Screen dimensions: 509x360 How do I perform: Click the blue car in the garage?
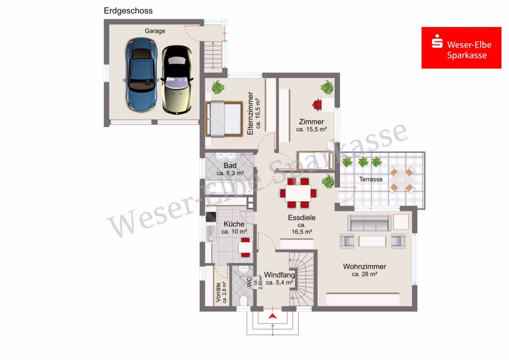point(141,75)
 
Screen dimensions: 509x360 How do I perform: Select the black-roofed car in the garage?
point(177,79)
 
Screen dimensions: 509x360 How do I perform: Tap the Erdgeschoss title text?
point(128,11)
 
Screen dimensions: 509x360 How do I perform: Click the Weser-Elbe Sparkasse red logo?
point(461,48)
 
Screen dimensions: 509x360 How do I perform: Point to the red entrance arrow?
point(272,316)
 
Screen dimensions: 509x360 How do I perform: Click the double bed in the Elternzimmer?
point(224,119)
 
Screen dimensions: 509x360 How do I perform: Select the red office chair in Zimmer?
point(317,105)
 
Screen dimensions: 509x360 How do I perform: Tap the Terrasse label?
point(371,179)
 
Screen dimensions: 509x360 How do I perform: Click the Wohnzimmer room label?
point(364,270)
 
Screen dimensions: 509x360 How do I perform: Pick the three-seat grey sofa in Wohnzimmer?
point(369,223)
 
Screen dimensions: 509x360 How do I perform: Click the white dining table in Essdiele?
point(298,193)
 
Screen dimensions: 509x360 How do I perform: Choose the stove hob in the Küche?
point(211,217)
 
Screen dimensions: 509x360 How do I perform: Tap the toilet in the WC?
point(243,301)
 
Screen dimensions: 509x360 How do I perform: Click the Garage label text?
point(155,31)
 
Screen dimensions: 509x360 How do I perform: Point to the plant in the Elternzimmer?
point(218,87)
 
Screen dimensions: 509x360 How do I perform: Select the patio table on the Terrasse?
point(402,180)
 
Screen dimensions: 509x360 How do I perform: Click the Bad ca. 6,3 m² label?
point(230,169)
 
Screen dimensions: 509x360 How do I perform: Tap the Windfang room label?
point(280,278)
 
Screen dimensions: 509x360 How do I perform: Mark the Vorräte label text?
point(218,292)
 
